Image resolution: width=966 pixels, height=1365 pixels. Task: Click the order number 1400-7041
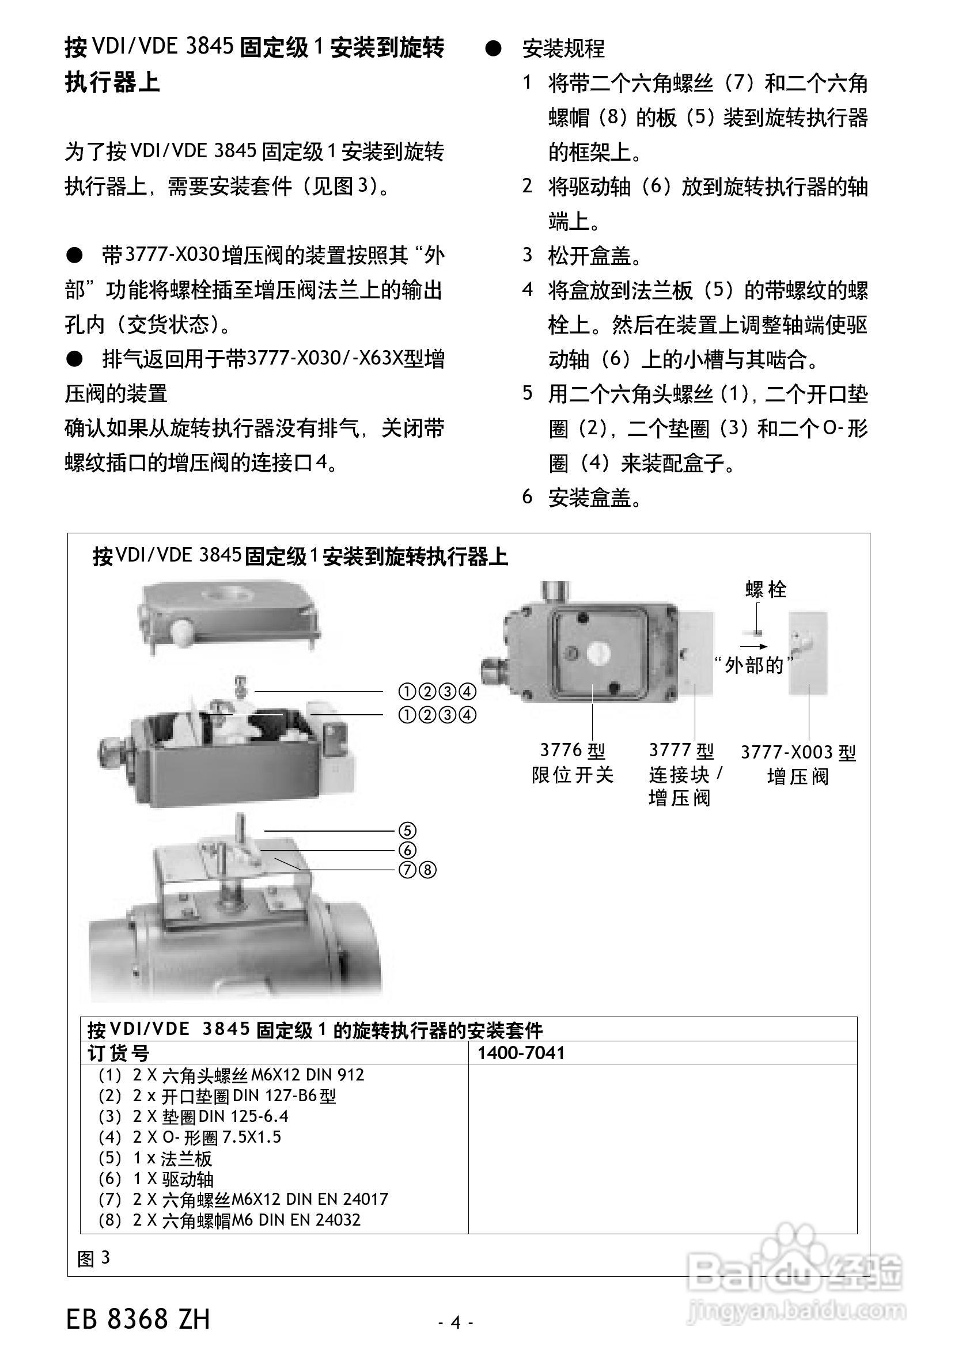click(521, 1053)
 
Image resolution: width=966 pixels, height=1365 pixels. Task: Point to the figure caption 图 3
click(93, 1258)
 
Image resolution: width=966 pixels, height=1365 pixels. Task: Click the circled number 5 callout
click(407, 831)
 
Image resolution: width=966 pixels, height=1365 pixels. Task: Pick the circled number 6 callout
click(407, 851)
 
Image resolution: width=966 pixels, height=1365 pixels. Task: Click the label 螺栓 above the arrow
click(766, 589)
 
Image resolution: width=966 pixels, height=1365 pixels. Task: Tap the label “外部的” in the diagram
click(754, 665)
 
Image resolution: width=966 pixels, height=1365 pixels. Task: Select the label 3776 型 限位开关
click(572, 763)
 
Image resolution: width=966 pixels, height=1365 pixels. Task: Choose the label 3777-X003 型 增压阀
click(798, 764)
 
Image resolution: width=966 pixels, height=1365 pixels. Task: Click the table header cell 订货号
click(119, 1053)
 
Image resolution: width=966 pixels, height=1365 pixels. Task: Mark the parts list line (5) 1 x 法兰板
click(156, 1159)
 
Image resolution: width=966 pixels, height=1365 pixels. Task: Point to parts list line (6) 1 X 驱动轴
click(156, 1179)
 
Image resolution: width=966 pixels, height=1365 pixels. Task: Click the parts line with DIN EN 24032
click(230, 1220)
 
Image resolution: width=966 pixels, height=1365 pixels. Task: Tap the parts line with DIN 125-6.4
click(194, 1117)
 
